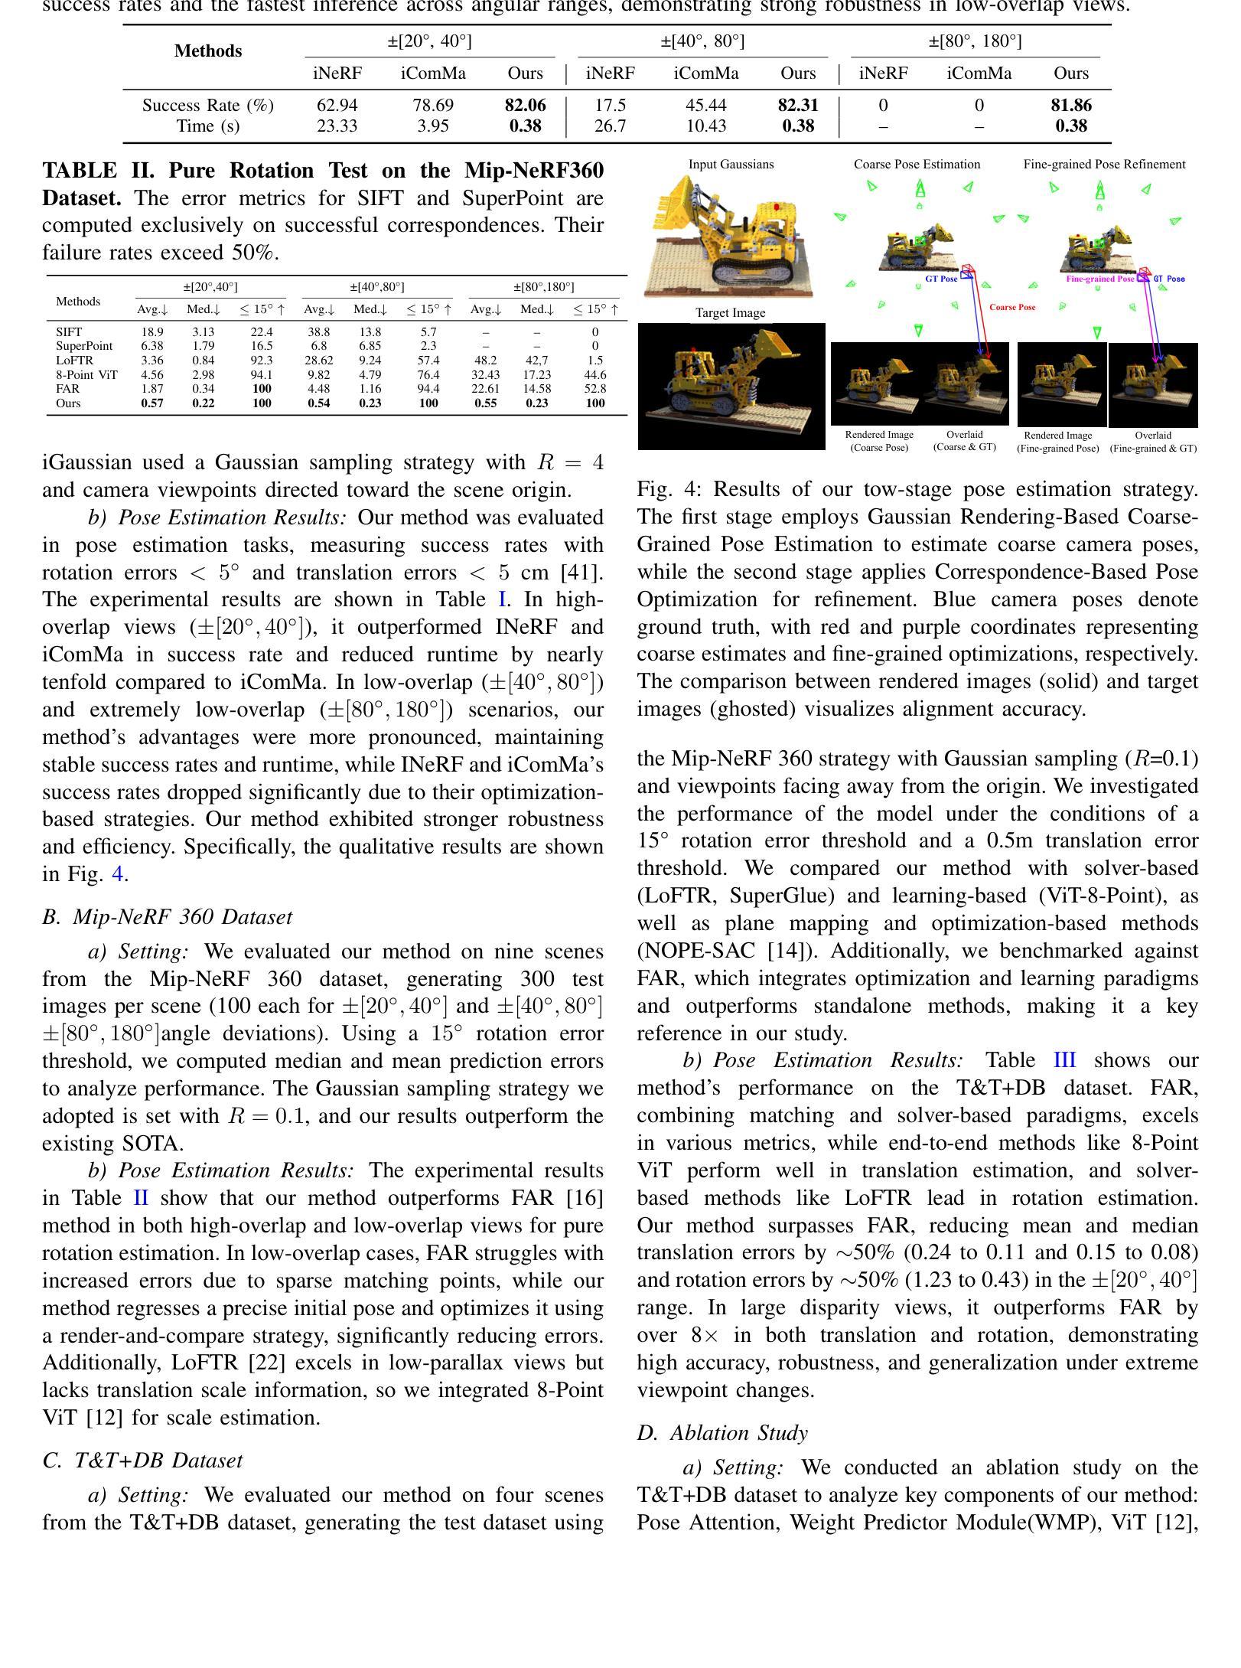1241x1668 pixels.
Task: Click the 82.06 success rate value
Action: pos(525,106)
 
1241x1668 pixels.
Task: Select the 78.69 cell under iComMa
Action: pos(433,106)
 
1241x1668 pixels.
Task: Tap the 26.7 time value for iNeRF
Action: pos(610,126)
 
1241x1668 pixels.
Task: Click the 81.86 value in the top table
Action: pos(1070,106)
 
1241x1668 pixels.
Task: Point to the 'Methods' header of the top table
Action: pos(208,51)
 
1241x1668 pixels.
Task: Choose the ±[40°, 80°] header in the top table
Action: pos(702,41)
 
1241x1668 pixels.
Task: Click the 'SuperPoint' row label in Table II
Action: pos(84,346)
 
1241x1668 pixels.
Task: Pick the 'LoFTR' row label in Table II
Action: pos(74,360)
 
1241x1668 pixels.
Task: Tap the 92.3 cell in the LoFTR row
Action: pos(262,360)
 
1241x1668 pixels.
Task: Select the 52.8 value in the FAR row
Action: pos(594,389)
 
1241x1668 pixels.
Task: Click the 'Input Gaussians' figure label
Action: pos(731,165)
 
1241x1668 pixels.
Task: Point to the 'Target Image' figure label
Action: pos(730,313)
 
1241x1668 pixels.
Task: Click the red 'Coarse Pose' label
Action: pos(1012,308)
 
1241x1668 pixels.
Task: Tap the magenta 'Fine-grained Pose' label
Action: pos(1099,279)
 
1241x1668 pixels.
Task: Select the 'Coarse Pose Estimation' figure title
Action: pos(917,165)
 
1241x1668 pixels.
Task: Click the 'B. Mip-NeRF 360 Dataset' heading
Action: pos(167,917)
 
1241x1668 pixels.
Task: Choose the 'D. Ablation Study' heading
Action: pos(722,1433)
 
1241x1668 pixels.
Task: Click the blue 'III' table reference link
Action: pos(1064,1061)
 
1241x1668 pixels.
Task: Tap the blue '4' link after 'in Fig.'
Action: pos(118,874)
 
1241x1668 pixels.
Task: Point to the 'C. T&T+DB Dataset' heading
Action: pos(142,1461)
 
